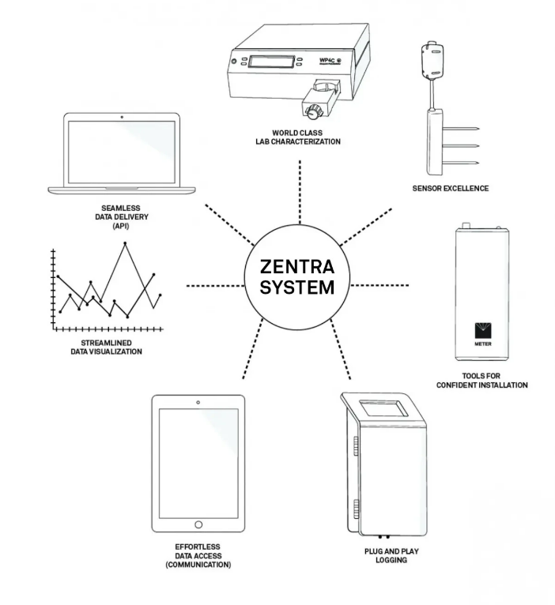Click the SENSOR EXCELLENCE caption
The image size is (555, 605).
451,190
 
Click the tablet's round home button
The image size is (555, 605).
198,524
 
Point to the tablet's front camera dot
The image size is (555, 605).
198,404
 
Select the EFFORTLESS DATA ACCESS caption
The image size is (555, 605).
198,556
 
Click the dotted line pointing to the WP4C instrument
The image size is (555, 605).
300,190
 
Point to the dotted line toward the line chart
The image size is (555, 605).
213,284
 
